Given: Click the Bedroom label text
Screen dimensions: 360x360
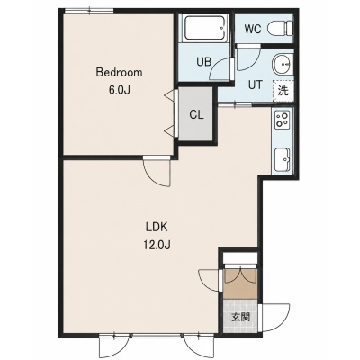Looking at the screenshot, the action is (x=119, y=73).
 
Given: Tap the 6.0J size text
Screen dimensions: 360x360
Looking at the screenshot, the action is (x=119, y=90).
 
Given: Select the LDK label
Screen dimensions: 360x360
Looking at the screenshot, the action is (x=157, y=228).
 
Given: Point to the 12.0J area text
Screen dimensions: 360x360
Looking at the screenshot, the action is (x=157, y=246).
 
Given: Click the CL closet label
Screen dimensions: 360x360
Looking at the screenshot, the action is (x=196, y=114).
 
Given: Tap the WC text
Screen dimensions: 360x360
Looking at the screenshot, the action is (x=253, y=29).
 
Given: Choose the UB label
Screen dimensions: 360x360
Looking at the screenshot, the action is (x=204, y=62).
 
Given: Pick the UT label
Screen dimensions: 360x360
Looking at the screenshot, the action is (x=256, y=85).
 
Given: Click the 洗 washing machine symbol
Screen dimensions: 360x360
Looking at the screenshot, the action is (x=283, y=91).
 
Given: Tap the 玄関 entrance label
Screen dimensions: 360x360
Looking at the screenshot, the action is (x=240, y=317).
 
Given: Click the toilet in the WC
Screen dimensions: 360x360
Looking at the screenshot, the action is (x=280, y=29).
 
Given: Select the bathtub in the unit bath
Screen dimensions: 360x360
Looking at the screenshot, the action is (x=204, y=28).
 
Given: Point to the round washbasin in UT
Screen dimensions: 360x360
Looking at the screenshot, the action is (x=282, y=64).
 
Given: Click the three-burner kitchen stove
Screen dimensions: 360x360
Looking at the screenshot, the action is (x=283, y=120).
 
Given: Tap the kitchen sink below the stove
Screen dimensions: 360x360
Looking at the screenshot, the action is (x=283, y=159).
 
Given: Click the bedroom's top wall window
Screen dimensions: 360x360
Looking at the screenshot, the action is (x=89, y=12).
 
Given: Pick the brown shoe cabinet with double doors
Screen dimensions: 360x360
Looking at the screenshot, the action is (x=240, y=283).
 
